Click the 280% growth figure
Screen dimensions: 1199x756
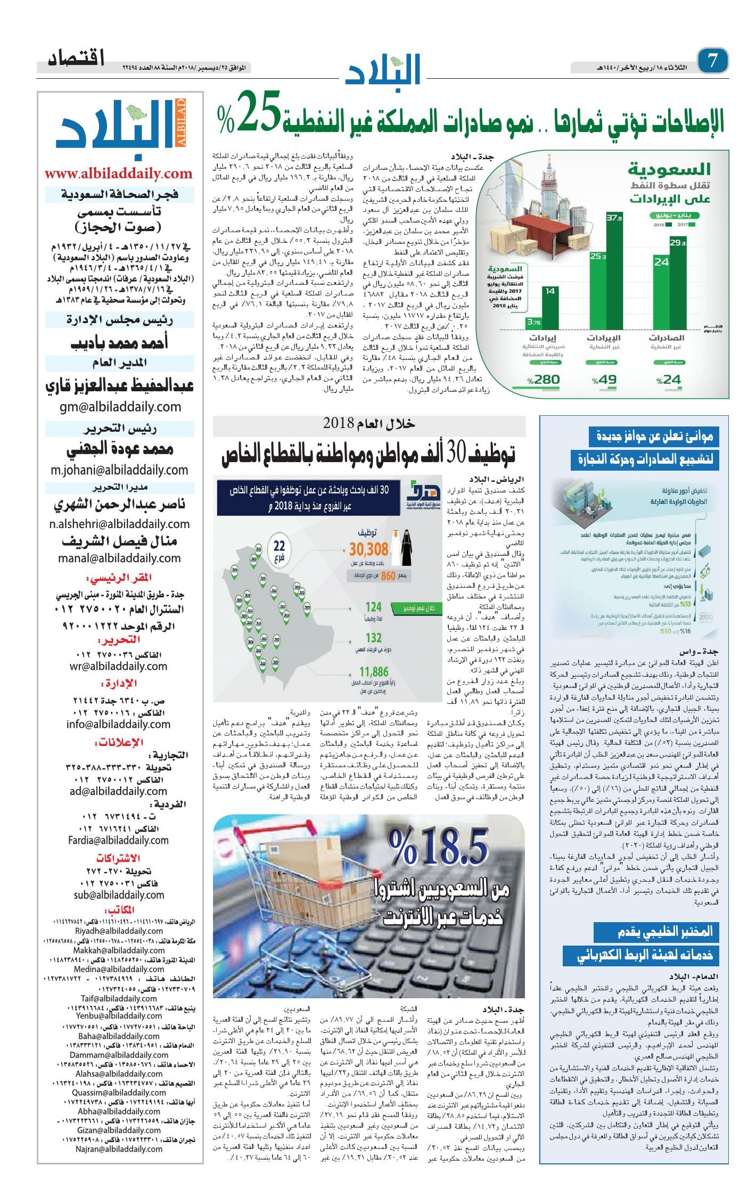tap(543, 380)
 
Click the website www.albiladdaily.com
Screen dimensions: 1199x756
tap(118, 174)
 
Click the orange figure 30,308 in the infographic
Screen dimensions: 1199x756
tap(368, 549)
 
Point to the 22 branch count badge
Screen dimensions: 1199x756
tap(279, 549)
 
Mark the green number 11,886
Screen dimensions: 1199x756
tap(374, 672)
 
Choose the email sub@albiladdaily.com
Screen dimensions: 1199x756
tap(119, 895)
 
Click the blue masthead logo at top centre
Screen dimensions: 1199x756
tap(383, 69)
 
